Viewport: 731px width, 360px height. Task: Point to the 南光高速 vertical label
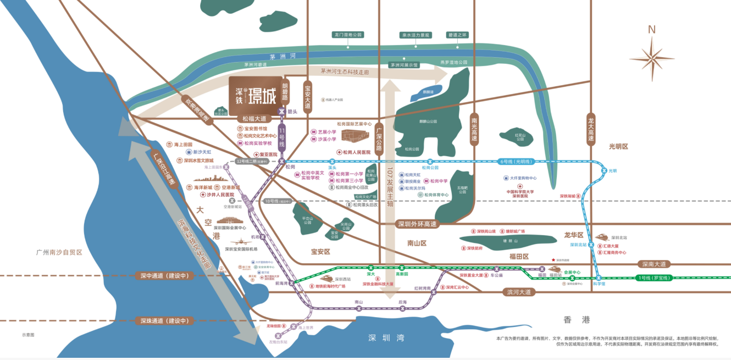pos(474,129)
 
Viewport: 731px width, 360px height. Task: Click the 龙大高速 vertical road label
pos(591,129)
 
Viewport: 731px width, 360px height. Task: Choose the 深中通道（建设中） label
pos(164,275)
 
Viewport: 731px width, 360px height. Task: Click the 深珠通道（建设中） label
pos(164,320)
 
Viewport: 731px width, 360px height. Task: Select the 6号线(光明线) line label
pos(516,162)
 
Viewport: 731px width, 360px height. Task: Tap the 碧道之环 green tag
pos(457,35)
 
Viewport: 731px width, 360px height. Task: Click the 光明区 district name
pos(618,147)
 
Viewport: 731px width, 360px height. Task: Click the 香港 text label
pos(576,319)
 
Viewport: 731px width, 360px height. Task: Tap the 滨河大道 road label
pos(518,292)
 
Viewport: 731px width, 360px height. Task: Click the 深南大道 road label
pos(654,264)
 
